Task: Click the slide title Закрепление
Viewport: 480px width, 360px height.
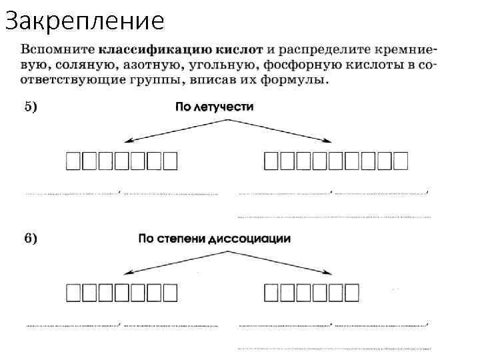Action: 84,21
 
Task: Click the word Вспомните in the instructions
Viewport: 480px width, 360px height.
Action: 58,50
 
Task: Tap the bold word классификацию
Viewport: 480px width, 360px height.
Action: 147,50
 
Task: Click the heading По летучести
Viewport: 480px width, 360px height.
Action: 214,107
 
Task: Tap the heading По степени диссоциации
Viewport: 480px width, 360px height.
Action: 214,239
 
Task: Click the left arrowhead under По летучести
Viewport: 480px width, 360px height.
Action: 129,141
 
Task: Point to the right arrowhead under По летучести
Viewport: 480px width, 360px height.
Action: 329,141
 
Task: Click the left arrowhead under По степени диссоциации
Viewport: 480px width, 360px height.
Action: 129,273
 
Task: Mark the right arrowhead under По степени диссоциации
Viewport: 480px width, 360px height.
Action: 329,273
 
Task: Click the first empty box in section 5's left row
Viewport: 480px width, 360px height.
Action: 73,160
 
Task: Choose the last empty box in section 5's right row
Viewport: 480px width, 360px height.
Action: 400,160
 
